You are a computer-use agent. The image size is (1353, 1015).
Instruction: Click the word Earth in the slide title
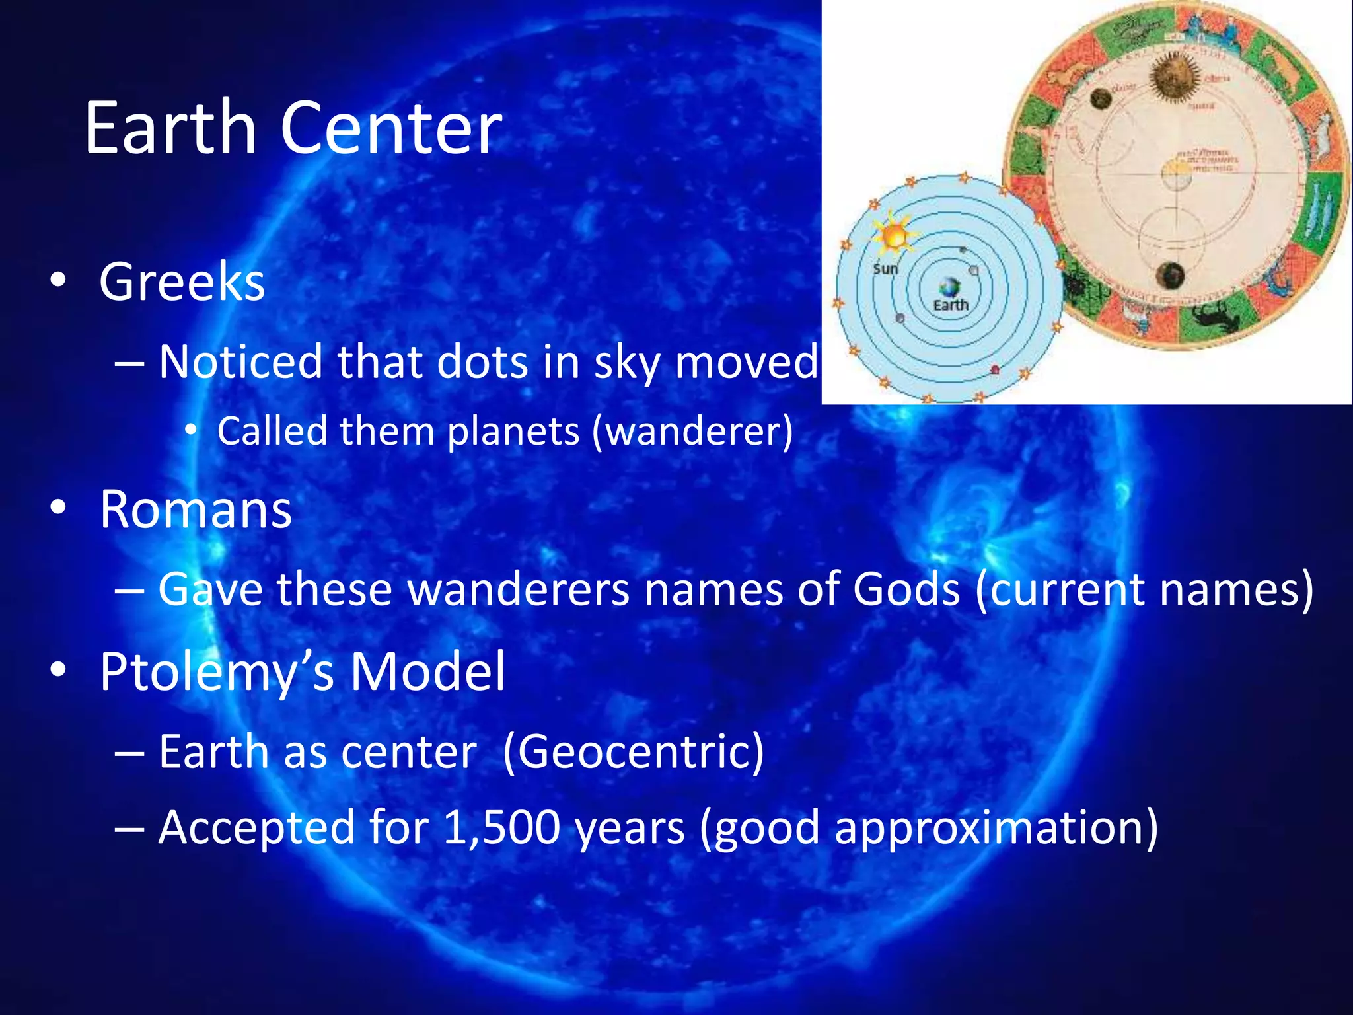pos(170,128)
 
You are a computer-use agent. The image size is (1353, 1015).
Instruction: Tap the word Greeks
pos(182,282)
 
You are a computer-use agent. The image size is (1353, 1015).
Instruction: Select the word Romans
pos(196,509)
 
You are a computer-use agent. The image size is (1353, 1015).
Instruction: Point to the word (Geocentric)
pos(633,752)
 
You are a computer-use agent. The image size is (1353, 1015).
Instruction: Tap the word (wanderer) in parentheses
pos(692,432)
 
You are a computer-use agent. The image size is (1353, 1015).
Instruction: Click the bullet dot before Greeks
pos(58,280)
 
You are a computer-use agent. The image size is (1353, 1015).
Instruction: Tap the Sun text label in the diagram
pos(885,269)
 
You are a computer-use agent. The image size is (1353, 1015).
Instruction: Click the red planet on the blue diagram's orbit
pos(994,369)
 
